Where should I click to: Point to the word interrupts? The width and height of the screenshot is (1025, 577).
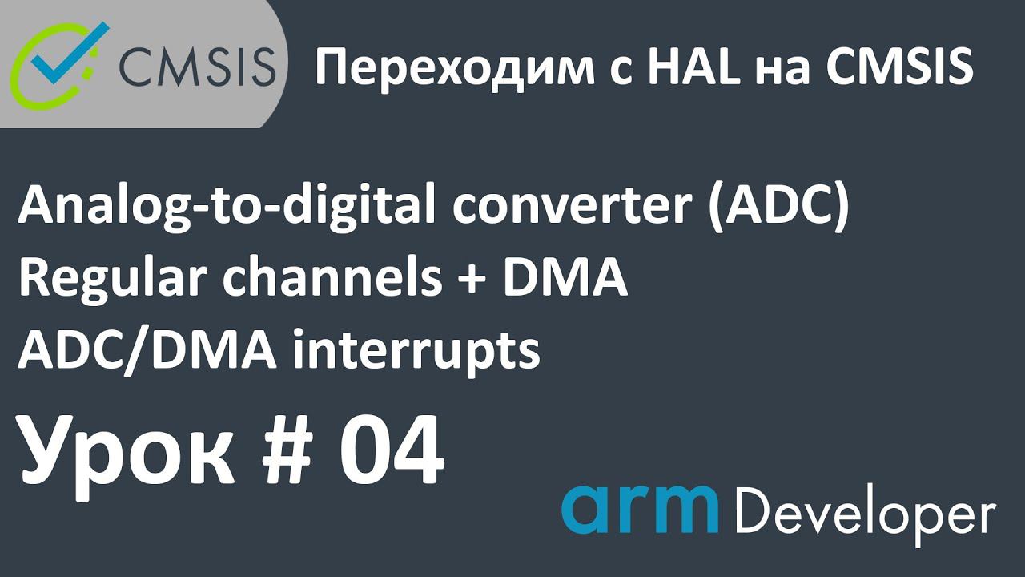(416, 351)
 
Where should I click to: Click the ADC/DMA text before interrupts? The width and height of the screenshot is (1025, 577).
(147, 350)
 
